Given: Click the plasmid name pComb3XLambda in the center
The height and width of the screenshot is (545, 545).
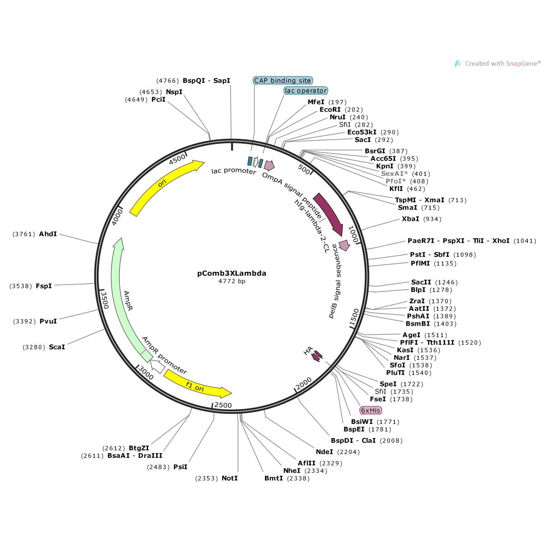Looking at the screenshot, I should [x=231, y=273].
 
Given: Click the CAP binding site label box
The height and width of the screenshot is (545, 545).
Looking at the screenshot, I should [x=283, y=80].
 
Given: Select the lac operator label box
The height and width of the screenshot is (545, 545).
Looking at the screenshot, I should [x=306, y=91].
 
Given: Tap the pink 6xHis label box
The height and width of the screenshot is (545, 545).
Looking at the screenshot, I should [x=371, y=410].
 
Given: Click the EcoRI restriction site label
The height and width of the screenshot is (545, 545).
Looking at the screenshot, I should [x=330, y=110].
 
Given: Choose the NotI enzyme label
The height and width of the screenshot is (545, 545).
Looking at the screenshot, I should [x=229, y=478].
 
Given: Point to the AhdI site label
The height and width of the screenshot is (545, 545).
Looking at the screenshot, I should [x=48, y=234].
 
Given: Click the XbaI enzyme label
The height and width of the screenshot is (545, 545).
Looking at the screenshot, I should [x=410, y=219].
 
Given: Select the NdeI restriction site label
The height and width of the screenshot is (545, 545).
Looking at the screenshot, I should [x=324, y=452].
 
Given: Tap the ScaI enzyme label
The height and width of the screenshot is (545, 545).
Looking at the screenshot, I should [x=57, y=347].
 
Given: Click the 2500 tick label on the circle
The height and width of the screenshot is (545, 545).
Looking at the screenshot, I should [x=223, y=405].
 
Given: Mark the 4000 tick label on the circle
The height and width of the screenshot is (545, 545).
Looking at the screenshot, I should [x=117, y=217].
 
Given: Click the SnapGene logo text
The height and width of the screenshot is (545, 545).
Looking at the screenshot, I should [x=502, y=64].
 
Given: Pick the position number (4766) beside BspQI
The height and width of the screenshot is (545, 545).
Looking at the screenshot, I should [x=168, y=81].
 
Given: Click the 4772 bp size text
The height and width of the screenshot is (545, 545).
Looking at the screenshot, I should [x=231, y=281].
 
